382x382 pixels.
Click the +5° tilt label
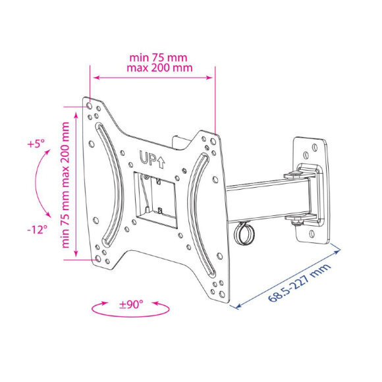tap(36, 144)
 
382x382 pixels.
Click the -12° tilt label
tap(37, 229)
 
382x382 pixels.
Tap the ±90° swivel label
tap(131, 304)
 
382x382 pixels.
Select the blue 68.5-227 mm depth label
tap(300, 283)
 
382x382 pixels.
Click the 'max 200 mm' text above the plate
tap(159, 67)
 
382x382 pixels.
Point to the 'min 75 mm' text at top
tap(158, 58)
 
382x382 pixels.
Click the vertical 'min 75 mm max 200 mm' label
tap(65, 185)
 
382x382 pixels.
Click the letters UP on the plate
tap(148, 158)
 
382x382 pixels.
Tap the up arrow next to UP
tap(161, 163)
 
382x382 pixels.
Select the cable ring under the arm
tap(244, 233)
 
